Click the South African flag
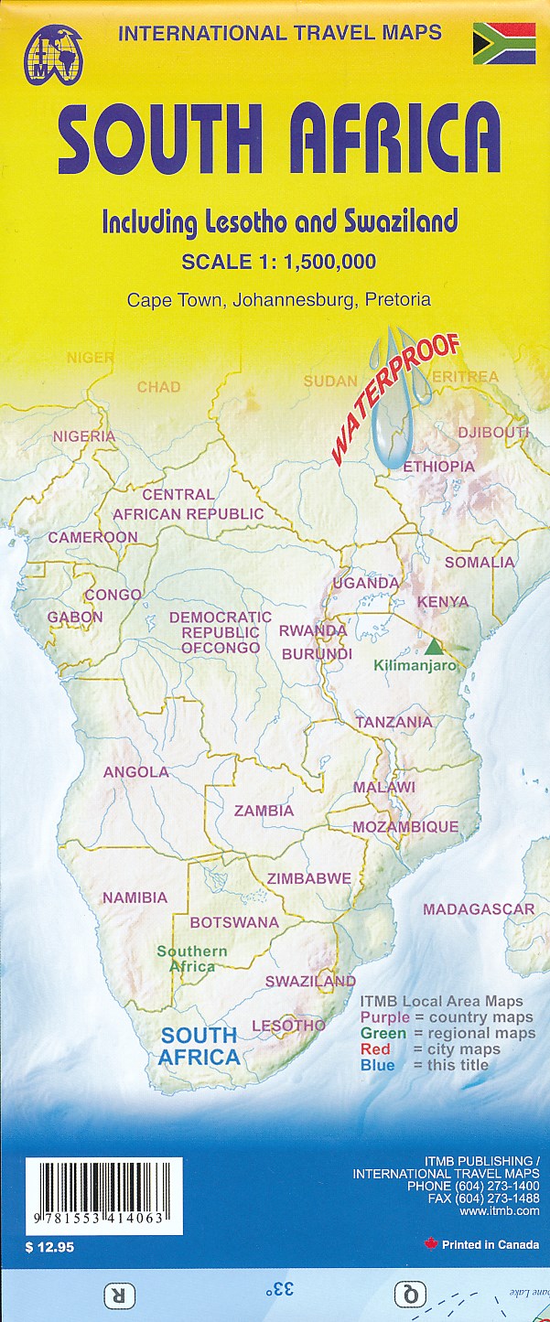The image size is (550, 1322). [503, 44]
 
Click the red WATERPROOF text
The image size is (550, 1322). [394, 400]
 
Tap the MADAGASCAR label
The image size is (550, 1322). [478, 908]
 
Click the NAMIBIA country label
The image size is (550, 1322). [135, 897]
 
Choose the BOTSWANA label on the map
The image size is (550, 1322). [234, 922]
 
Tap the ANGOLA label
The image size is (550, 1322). [135, 771]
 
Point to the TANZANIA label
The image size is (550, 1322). [394, 722]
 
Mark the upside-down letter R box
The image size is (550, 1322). [118, 1295]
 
